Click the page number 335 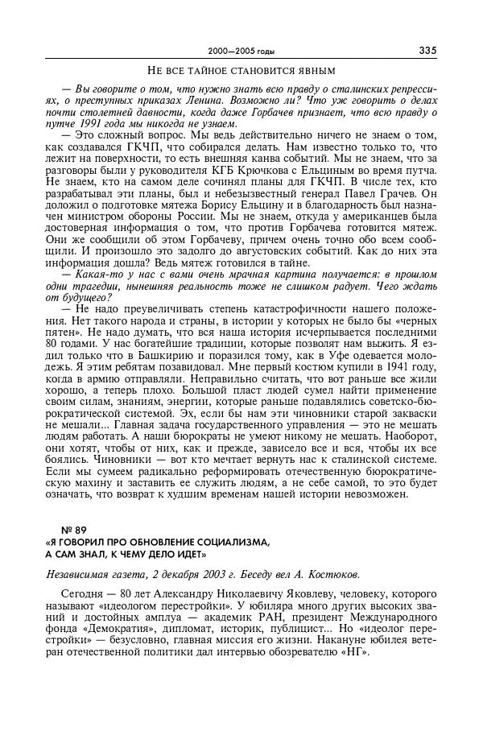[x=427, y=50]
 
